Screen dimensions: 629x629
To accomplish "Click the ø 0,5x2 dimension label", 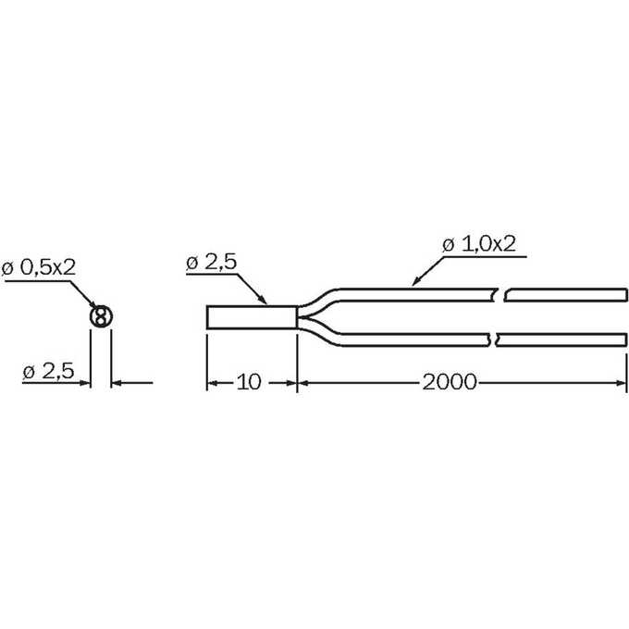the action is click(39, 267).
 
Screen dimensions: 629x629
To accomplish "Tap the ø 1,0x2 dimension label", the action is click(479, 244).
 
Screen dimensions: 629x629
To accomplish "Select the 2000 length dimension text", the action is click(450, 382).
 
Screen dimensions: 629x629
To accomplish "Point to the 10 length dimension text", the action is click(249, 382).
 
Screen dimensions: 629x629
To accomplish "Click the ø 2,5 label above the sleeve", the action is click(212, 262).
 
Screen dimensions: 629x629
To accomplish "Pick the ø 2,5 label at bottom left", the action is click(48, 371).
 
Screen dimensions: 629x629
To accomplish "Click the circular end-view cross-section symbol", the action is click(101, 316).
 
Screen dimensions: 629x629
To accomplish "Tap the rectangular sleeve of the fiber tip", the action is click(252, 317).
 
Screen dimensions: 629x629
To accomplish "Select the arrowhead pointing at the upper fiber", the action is click(417, 281).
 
